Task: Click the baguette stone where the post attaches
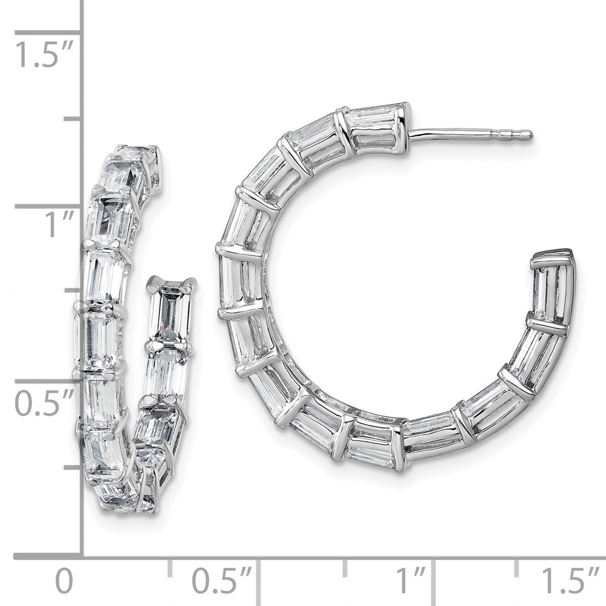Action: [376, 126]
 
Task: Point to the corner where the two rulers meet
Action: [82, 555]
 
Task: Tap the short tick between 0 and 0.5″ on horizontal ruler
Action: [170, 567]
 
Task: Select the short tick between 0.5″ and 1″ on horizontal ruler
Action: [345, 567]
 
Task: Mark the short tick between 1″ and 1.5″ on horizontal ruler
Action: [516, 567]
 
